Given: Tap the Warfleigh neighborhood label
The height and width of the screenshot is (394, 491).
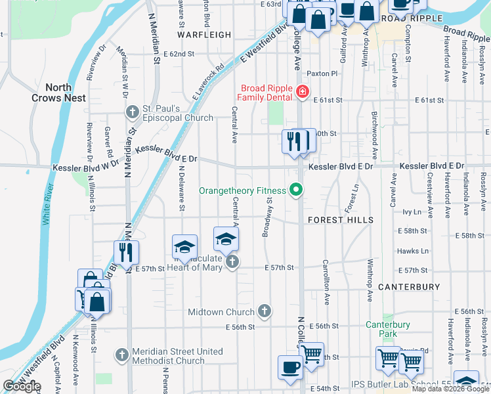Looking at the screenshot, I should [x=205, y=35].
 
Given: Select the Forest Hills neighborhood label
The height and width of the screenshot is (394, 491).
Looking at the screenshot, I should [x=341, y=220].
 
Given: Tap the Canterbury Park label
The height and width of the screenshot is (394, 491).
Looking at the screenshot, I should [x=388, y=330].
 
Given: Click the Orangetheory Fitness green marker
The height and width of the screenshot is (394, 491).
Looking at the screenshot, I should [x=296, y=190].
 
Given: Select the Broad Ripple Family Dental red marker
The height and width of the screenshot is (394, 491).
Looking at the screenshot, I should [x=303, y=93].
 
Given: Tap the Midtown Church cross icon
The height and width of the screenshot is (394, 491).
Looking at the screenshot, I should [x=264, y=311].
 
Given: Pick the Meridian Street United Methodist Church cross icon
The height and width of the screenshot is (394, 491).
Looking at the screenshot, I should [x=121, y=355].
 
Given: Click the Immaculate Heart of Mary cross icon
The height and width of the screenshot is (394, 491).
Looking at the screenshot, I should [x=231, y=262].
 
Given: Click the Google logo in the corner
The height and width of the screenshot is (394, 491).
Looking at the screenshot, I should [x=22, y=386].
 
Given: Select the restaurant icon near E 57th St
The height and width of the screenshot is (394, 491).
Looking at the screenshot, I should [x=125, y=252].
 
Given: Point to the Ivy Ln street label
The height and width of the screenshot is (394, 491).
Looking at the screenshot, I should [x=411, y=212].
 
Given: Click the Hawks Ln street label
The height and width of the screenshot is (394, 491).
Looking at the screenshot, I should [x=412, y=251].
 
